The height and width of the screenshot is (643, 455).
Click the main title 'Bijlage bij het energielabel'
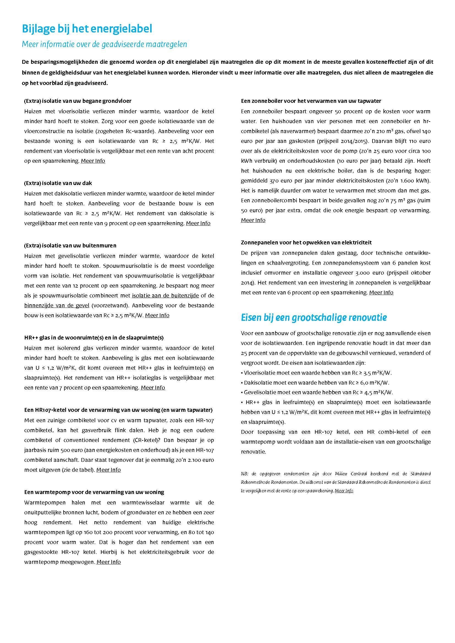[x=87, y=29]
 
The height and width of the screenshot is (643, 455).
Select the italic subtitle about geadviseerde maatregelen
[x=104, y=44]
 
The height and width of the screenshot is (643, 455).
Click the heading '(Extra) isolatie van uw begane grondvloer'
[x=78, y=101]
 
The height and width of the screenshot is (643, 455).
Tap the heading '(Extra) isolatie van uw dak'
[x=58, y=183]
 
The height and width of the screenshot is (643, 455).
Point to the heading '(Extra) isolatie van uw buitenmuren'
[x=70, y=245]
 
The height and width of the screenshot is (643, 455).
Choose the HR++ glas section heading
[x=94, y=338]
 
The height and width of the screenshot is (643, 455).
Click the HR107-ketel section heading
[x=119, y=410]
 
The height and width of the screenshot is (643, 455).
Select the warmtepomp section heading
[x=94, y=492]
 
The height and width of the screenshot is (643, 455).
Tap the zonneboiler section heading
[x=311, y=101]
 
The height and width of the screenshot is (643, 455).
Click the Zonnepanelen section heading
[x=306, y=242]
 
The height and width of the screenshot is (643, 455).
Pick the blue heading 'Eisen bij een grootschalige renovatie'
[x=314, y=318]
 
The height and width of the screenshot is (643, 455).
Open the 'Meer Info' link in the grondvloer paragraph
[x=93, y=161]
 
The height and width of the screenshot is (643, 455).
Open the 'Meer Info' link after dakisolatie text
[x=198, y=223]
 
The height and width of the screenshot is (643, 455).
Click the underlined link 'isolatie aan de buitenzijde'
[x=165, y=296]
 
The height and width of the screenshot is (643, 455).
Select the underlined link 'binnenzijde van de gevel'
[x=57, y=305]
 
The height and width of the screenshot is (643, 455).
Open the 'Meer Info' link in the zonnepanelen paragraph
[x=381, y=293]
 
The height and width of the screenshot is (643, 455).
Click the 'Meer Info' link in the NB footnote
[x=344, y=491]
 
